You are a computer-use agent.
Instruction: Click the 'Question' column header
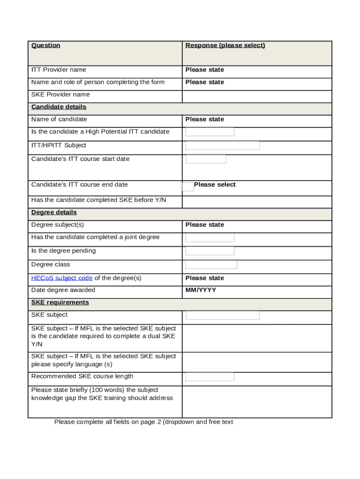point(46,45)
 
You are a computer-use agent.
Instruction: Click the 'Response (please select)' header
point(225,45)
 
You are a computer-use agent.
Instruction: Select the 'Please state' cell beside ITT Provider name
point(205,70)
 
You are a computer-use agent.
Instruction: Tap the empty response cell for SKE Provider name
point(257,96)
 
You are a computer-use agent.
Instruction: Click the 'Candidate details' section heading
point(59,107)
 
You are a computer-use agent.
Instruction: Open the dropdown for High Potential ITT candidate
point(210,132)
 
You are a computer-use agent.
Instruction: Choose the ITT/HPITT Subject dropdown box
point(223,145)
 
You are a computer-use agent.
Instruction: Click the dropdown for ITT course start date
point(206,159)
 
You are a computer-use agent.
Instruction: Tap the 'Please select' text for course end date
point(215,185)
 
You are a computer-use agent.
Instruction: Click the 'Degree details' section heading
point(54,212)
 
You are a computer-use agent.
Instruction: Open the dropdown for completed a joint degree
point(210,238)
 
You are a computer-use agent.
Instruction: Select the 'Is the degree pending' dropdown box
point(210,251)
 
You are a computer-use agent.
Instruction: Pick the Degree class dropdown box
point(211,265)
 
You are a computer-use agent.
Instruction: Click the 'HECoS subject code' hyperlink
point(62,278)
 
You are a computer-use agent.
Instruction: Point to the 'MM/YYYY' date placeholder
point(201,290)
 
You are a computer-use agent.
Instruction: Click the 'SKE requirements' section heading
point(60,303)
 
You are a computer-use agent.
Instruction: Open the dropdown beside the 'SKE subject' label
point(223,315)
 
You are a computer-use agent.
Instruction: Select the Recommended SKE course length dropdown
point(210,377)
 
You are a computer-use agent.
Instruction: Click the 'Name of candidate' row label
point(59,119)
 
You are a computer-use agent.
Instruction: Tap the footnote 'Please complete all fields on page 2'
point(144,422)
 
